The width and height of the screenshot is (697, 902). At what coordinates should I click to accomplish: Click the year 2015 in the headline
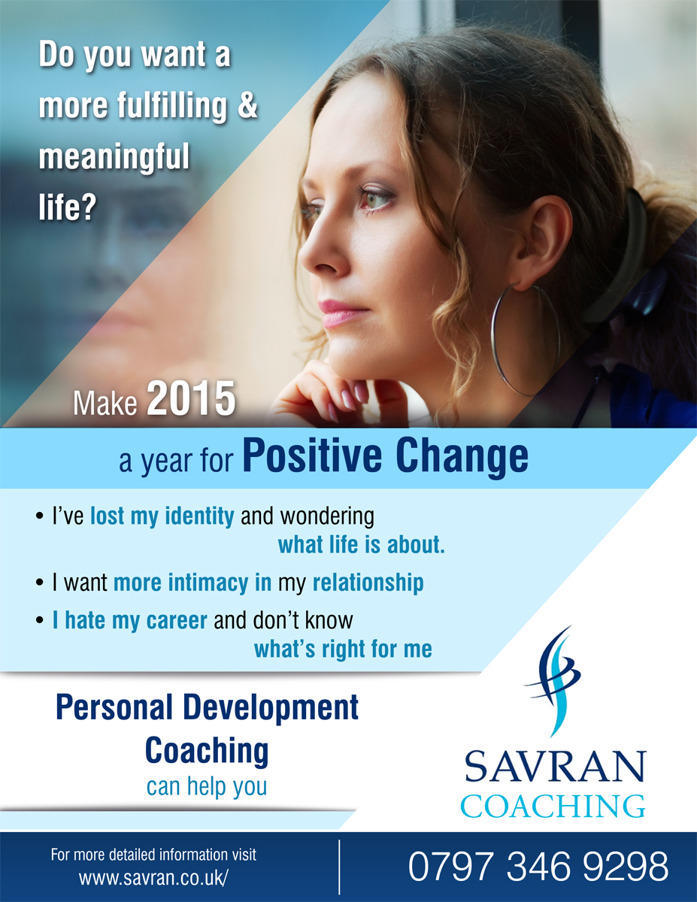pyautogui.click(x=191, y=400)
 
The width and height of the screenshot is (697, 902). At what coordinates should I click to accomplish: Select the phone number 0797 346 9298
pyautogui.click(x=538, y=867)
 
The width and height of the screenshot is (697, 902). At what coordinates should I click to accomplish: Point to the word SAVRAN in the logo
pyautogui.click(x=555, y=767)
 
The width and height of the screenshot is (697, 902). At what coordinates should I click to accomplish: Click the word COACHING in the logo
pyautogui.click(x=553, y=806)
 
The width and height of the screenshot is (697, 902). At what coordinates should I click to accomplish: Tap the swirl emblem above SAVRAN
pyautogui.click(x=554, y=680)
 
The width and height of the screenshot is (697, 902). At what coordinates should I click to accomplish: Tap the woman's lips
pyautogui.click(x=335, y=311)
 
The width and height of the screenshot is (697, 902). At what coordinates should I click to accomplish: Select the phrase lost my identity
pyautogui.click(x=162, y=516)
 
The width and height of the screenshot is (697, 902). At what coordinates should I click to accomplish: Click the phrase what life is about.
pyautogui.click(x=362, y=546)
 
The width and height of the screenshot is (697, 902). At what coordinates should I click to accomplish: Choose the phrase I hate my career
pyautogui.click(x=129, y=620)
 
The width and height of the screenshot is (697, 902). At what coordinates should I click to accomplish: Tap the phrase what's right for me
pyautogui.click(x=343, y=648)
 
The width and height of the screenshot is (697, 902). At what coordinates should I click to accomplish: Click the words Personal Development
pyautogui.click(x=207, y=708)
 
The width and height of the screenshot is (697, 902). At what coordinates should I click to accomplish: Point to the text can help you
pyautogui.click(x=207, y=787)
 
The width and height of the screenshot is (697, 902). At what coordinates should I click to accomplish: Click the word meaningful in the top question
pyautogui.click(x=114, y=158)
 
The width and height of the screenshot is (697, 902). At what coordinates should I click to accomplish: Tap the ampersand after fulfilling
pyautogui.click(x=247, y=106)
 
